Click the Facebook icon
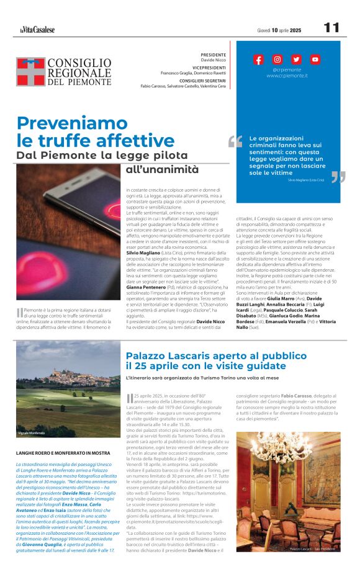(x=259, y=60)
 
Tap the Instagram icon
(x=277, y=60)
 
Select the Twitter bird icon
(x=296, y=60)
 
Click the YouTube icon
(x=315, y=60)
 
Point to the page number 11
(x=331, y=28)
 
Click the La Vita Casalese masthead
(x=37, y=29)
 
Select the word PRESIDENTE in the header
(x=213, y=55)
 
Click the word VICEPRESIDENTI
(x=209, y=68)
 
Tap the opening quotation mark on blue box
(x=235, y=142)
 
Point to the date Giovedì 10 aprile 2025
(x=279, y=30)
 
